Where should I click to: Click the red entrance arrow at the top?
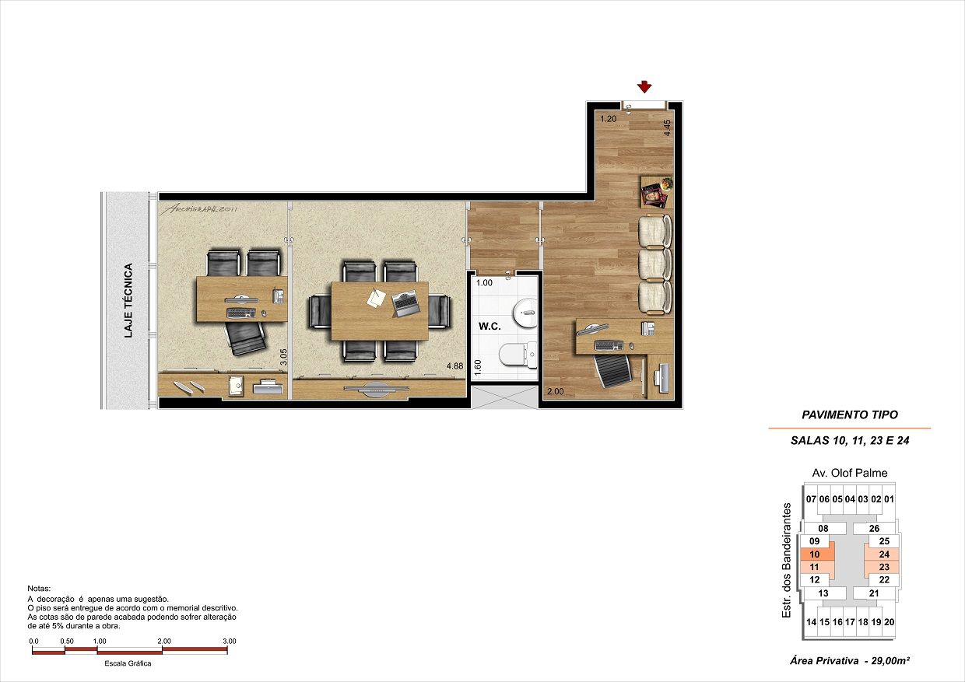644,86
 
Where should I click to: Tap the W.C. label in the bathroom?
489,327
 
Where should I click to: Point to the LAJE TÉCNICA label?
128,301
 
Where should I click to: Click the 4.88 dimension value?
455,365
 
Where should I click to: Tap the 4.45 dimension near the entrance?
667,128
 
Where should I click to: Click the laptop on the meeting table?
405,302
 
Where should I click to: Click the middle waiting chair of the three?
654,264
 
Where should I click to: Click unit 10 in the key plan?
815,554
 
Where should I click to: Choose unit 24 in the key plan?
884,554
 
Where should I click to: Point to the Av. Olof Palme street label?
850,473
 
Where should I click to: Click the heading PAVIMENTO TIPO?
849,415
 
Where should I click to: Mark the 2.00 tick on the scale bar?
163,642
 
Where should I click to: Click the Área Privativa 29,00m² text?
850,661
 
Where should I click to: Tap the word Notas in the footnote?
39,589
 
